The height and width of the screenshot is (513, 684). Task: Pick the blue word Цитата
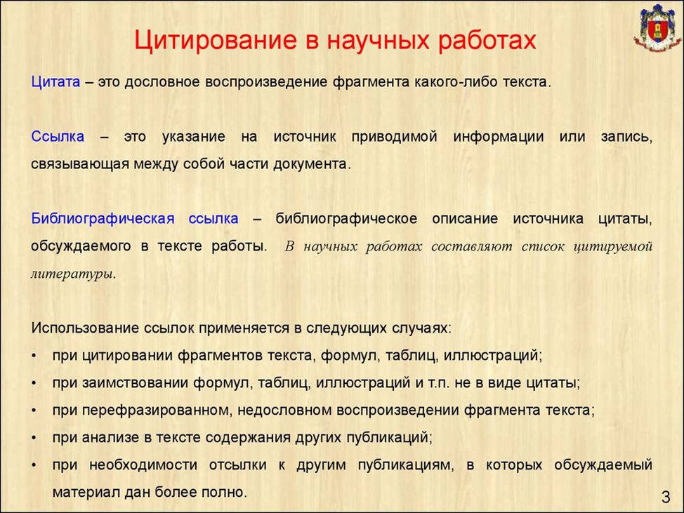click(x=55, y=82)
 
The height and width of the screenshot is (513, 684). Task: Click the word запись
click(x=626, y=136)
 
